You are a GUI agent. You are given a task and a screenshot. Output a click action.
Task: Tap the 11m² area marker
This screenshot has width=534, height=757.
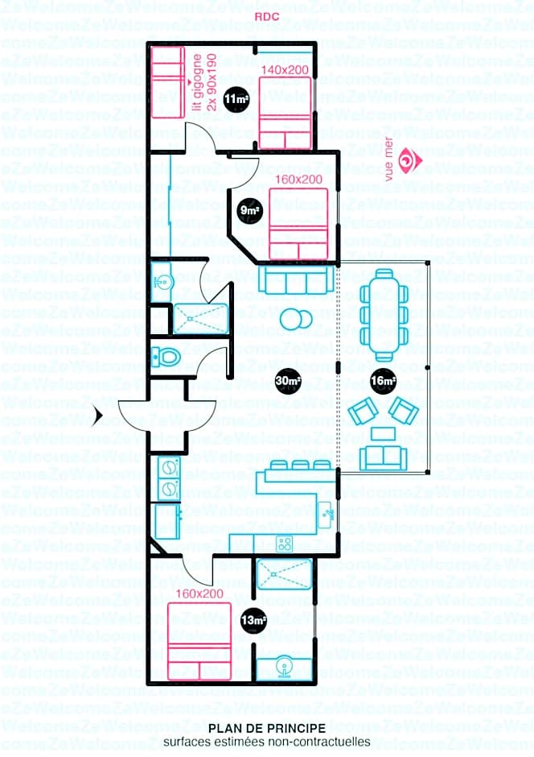(x=236, y=99)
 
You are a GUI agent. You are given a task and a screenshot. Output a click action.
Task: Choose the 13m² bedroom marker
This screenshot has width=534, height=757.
(x=253, y=619)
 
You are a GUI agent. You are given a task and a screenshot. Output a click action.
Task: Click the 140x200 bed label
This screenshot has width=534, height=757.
(x=285, y=71)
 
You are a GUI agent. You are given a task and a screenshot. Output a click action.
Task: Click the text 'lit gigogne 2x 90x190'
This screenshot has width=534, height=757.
(x=204, y=81)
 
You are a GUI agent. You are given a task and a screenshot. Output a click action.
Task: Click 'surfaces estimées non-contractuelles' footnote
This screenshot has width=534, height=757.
(x=266, y=742)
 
